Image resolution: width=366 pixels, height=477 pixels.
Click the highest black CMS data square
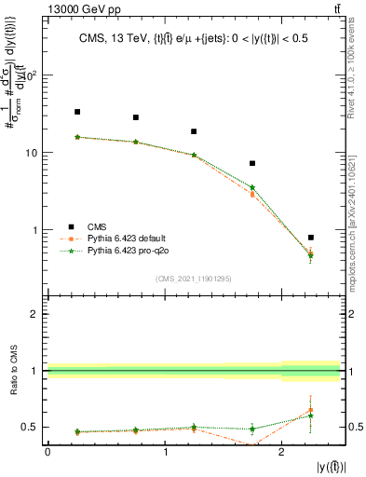point(77,112)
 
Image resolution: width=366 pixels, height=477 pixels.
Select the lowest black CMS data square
point(310,238)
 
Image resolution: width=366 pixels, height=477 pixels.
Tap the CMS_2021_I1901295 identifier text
point(193,279)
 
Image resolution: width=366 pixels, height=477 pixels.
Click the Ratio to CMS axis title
point(16,372)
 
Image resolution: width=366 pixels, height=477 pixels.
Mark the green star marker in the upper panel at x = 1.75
point(252,187)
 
